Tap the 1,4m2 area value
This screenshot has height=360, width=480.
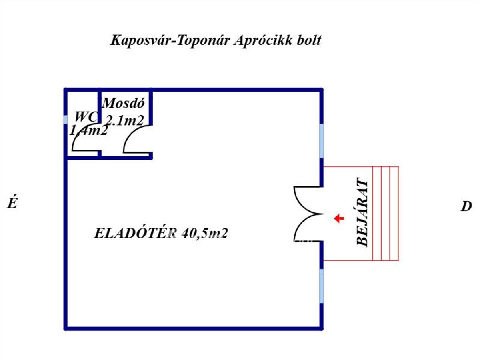coord(88,130)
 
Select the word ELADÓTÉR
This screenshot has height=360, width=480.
coord(136,233)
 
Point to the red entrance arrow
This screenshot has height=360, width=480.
coord(339,218)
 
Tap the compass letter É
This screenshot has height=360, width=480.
coord(12,204)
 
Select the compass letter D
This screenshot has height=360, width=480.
coord(466,207)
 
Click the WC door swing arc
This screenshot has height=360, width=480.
coord(82,140)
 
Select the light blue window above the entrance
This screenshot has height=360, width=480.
coord(321,141)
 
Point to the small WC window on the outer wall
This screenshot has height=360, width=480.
coord(66,120)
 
